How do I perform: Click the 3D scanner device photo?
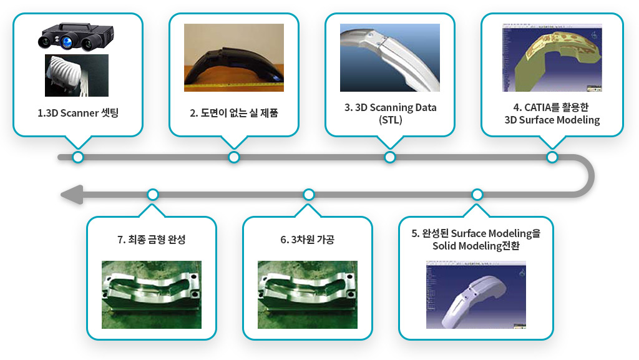click(x=76, y=37)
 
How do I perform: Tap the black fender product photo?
click(x=234, y=57)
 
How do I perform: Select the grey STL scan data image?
click(x=390, y=57)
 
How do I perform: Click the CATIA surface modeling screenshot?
click(x=552, y=57)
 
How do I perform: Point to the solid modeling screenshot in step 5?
click(x=476, y=295)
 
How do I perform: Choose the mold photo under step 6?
click(x=308, y=295)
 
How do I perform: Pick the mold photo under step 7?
click(x=152, y=295)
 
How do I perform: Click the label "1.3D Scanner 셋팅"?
click(x=78, y=113)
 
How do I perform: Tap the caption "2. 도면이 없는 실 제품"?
click(x=234, y=113)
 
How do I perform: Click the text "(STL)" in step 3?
click(x=391, y=120)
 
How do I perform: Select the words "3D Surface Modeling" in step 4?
click(x=552, y=120)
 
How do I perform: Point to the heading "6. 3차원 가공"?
click(x=307, y=240)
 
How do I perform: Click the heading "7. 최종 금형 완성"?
click(x=152, y=240)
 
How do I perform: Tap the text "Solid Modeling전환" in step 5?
click(x=476, y=246)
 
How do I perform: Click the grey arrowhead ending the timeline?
click(x=72, y=195)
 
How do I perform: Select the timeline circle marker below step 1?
click(x=78, y=157)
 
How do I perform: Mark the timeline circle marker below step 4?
click(x=552, y=157)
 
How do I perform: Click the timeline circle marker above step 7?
click(x=153, y=195)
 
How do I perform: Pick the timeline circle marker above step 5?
click(x=477, y=195)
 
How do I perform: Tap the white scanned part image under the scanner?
click(x=77, y=75)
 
